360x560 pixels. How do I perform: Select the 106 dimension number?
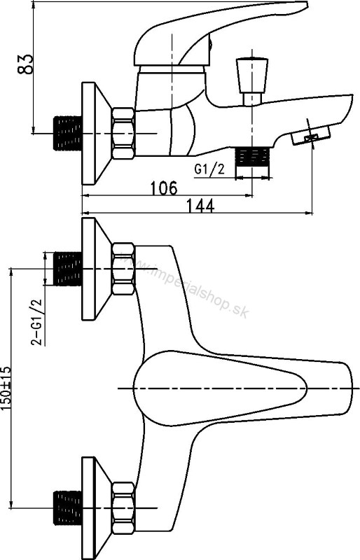tap(162, 188)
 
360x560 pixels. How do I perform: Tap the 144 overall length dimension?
tap(199, 206)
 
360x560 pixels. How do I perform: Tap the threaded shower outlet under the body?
tap(252, 157)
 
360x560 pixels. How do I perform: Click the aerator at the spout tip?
tap(310, 136)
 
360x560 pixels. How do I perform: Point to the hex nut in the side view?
tap(123, 133)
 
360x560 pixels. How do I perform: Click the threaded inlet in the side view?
tap(68, 133)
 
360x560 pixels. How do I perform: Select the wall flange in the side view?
tap(93, 133)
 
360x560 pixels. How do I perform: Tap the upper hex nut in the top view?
tap(123, 269)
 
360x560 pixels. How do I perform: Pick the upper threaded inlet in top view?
tap(68, 269)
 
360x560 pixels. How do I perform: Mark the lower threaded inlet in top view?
tap(68, 507)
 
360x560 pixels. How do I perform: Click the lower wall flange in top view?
tap(93, 507)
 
